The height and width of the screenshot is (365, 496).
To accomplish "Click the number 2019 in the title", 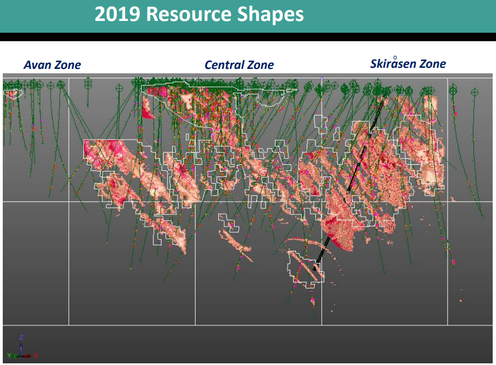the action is (117, 14).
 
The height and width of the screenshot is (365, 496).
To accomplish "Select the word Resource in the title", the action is (188, 14).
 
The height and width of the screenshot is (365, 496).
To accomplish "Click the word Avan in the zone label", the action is (37, 65).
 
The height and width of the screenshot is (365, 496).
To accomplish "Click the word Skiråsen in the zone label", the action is (393, 63).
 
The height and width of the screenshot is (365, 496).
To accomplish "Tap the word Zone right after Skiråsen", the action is (433, 64).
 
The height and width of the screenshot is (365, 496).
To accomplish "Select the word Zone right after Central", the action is (260, 65).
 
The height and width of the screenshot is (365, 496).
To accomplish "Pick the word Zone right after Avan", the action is (68, 65).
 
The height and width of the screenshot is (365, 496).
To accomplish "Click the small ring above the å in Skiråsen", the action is (395, 57).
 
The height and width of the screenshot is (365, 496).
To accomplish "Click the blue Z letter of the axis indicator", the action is (21, 337).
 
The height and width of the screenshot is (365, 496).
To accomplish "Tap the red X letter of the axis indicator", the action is (36, 356).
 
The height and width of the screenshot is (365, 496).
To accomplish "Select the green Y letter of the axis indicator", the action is (9, 356).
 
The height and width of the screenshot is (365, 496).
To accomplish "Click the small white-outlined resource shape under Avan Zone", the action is (13, 94).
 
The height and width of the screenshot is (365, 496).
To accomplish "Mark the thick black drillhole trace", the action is (349, 183).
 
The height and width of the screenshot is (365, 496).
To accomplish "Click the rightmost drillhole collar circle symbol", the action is (475, 92).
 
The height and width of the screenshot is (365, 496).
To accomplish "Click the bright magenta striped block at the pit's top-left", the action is (157, 91).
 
